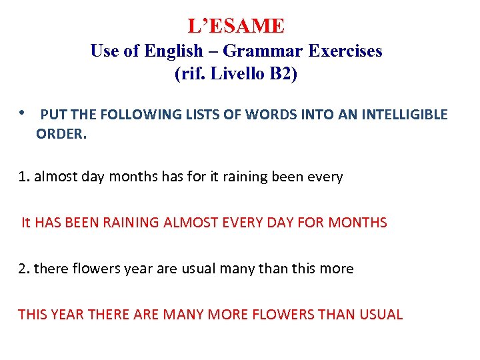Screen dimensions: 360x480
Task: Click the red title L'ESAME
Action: click(236, 26)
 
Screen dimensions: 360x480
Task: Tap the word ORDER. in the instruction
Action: click(61, 133)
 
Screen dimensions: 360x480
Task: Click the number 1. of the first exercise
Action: click(24, 177)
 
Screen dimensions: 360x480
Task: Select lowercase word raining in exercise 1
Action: click(247, 177)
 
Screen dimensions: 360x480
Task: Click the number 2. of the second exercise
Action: click(24, 269)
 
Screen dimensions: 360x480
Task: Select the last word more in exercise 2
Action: click(337, 269)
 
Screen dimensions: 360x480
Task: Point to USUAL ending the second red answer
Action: click(381, 314)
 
